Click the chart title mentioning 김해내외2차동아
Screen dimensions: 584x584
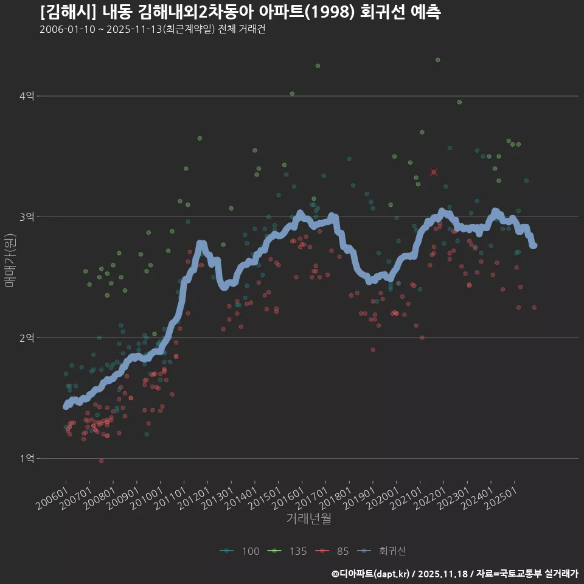240,12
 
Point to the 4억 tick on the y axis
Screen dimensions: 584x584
27,96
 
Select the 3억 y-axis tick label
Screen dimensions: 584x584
27,217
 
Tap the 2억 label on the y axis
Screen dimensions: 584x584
27,338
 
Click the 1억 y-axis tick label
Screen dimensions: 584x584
27,458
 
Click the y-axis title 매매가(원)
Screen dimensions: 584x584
10,260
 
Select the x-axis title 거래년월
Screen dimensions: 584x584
308,519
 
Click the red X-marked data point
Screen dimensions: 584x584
434,172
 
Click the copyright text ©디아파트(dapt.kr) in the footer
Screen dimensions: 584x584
372,574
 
